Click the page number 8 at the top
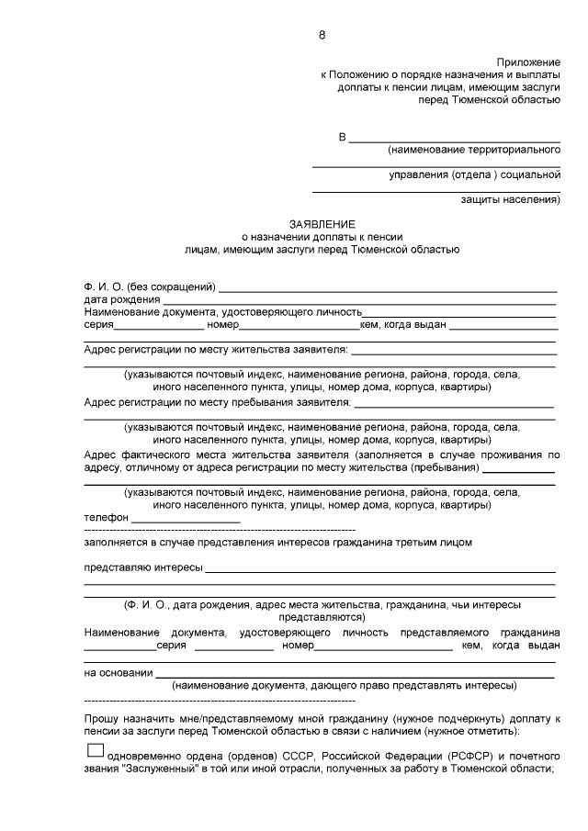click(x=322, y=35)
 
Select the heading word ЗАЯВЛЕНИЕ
click(x=322, y=223)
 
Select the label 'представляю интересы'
click(x=142, y=567)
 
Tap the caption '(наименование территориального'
click(x=473, y=149)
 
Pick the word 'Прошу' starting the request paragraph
click(x=99, y=716)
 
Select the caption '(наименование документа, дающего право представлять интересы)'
click(x=345, y=685)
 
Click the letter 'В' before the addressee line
click(x=343, y=137)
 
